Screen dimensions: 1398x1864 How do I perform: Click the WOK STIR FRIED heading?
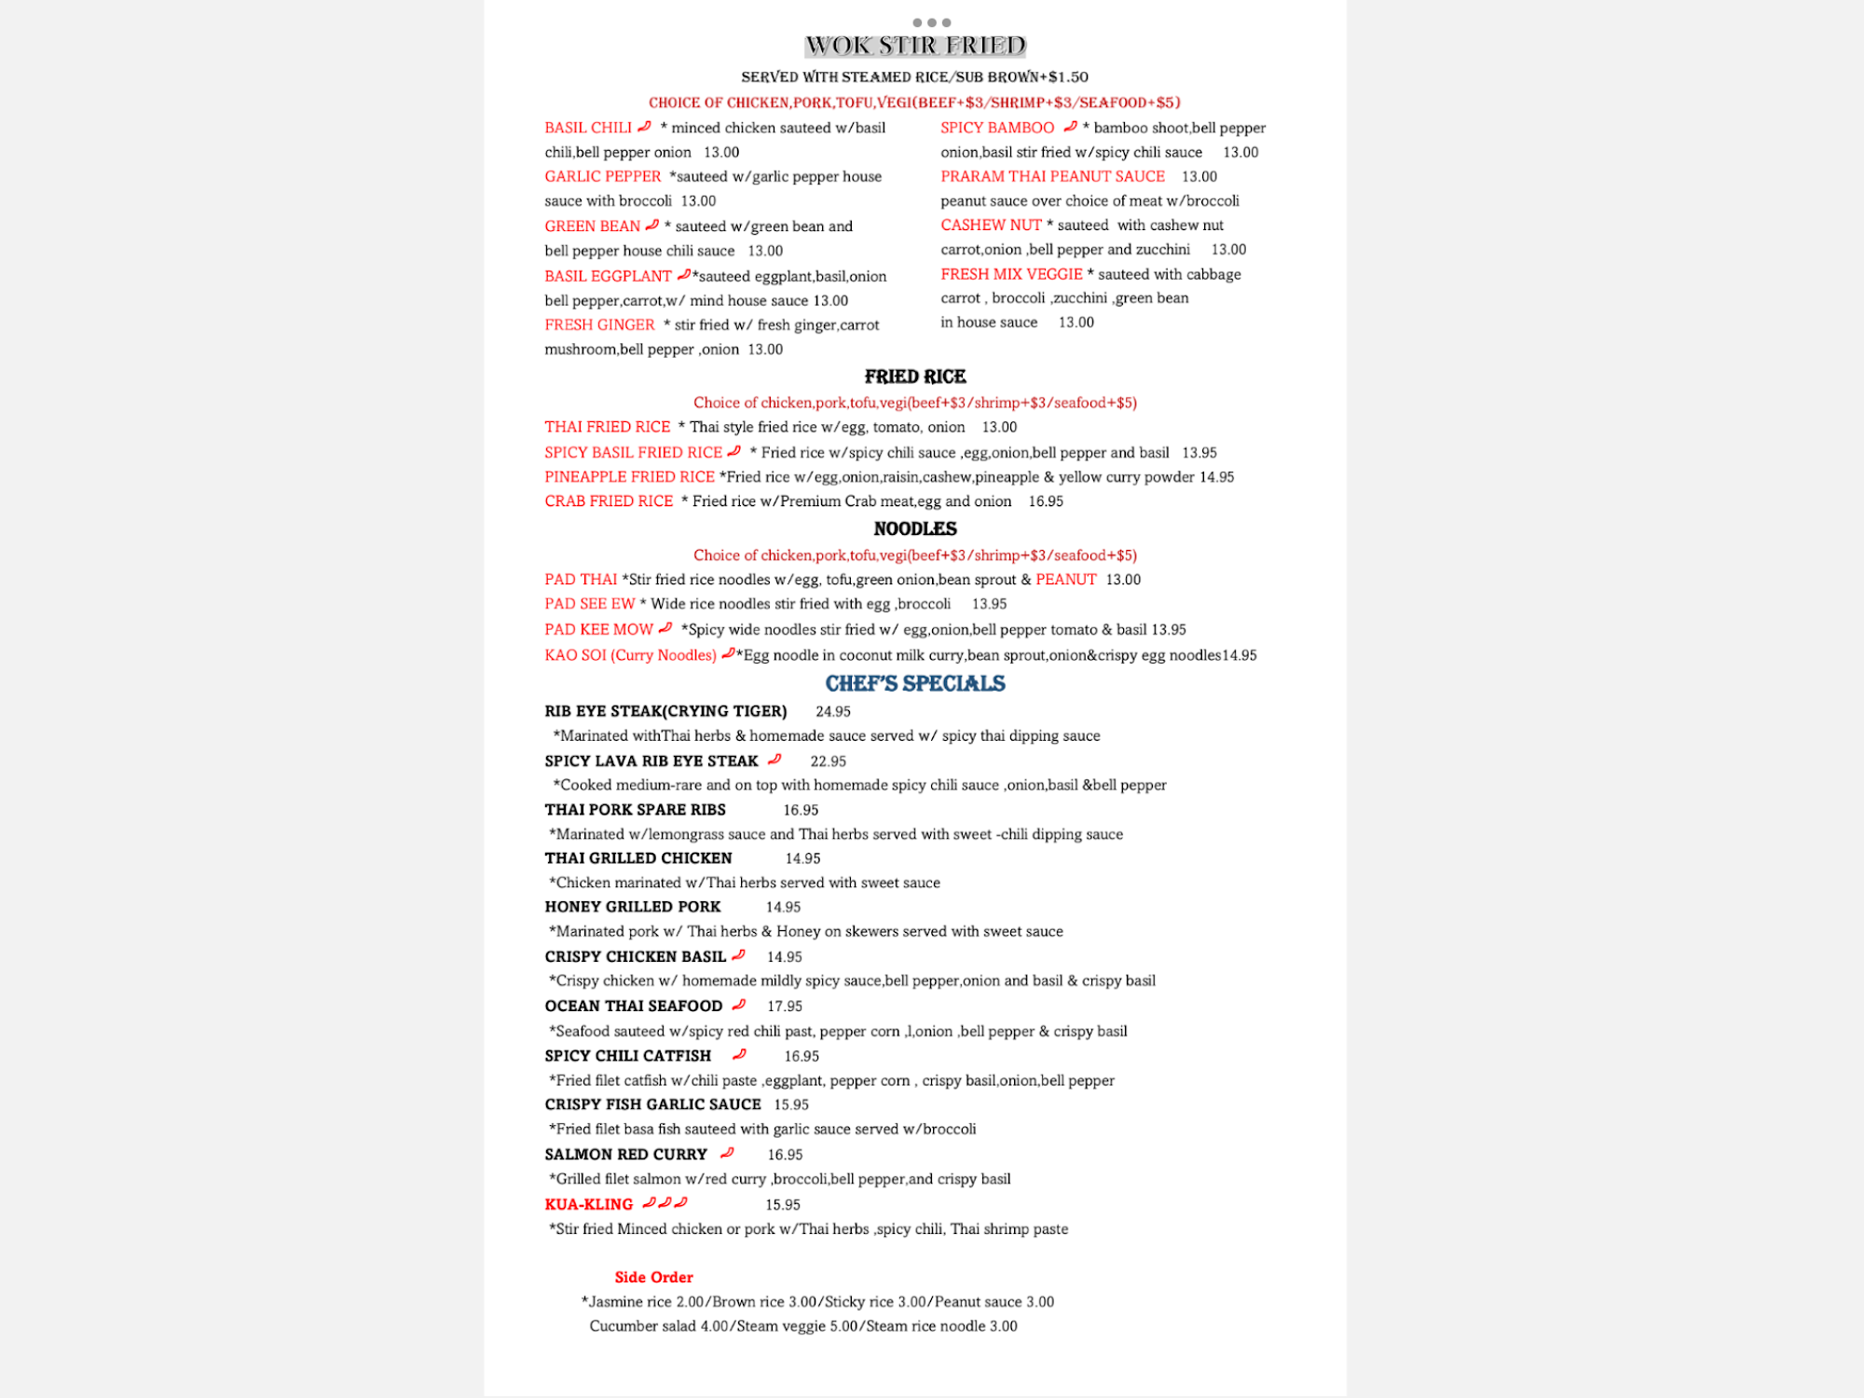(x=915, y=46)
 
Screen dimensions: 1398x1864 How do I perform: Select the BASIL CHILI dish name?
(x=588, y=128)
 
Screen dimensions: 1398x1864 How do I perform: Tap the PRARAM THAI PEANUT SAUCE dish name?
(x=1052, y=176)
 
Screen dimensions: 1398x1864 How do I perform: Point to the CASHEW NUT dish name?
(x=991, y=225)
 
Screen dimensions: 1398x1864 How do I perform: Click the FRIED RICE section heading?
(x=915, y=377)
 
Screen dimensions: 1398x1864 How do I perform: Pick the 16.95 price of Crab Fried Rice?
(x=1046, y=501)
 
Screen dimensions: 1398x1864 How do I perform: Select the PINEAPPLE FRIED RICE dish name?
(x=629, y=477)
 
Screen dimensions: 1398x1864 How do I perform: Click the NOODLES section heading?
(x=915, y=528)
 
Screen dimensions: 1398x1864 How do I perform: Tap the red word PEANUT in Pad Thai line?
(x=1066, y=580)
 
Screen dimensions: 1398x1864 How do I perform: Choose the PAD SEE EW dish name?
(x=590, y=604)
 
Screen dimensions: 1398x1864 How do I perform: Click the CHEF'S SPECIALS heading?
(x=915, y=683)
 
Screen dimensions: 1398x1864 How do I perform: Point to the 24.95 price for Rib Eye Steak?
(x=833, y=712)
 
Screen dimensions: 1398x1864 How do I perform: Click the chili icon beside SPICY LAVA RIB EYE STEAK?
(x=774, y=760)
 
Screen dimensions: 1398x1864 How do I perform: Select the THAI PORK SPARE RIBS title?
(x=636, y=810)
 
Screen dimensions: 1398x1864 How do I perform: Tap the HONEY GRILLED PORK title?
(x=633, y=907)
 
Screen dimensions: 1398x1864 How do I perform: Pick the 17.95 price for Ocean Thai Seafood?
(x=785, y=1007)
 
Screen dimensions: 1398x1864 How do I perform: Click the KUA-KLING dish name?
(x=589, y=1204)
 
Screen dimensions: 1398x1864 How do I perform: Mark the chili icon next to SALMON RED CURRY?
(x=727, y=1153)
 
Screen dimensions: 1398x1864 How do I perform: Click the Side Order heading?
(x=653, y=1277)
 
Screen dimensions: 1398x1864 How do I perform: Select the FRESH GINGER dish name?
(x=599, y=325)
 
